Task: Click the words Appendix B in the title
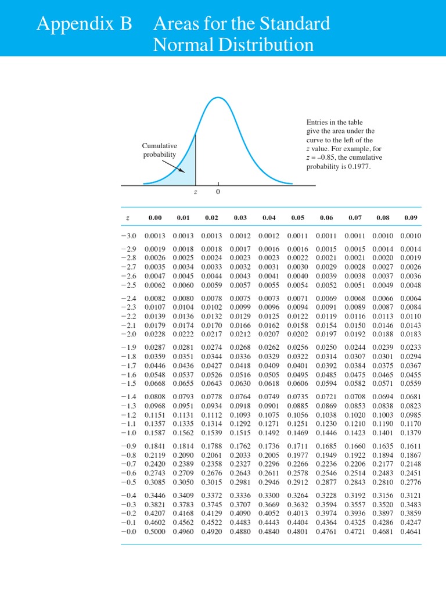click(x=85, y=24)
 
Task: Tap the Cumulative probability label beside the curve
click(x=160, y=150)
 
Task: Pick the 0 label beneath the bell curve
click(x=218, y=192)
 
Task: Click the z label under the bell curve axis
click(x=195, y=192)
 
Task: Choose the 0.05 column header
click(x=297, y=218)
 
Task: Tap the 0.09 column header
click(x=411, y=218)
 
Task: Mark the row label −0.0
click(x=128, y=532)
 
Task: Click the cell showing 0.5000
click(x=154, y=532)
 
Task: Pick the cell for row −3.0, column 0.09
click(x=411, y=236)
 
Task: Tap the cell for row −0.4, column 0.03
click(x=240, y=495)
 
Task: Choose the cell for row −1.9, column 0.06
click(x=326, y=347)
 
